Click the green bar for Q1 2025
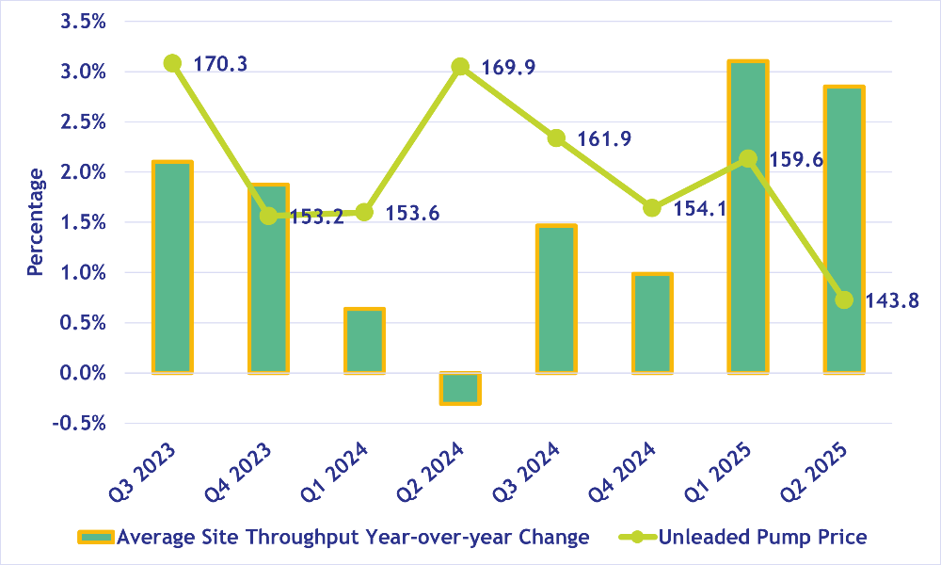(x=747, y=217)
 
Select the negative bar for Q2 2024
(x=460, y=388)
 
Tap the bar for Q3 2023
(x=172, y=267)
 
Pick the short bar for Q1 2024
(x=364, y=340)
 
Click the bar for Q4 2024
(x=651, y=323)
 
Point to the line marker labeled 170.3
(x=172, y=63)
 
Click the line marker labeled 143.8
(x=844, y=299)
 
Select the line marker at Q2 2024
(x=460, y=67)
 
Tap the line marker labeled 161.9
(x=556, y=138)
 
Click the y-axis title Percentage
(x=35, y=222)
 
